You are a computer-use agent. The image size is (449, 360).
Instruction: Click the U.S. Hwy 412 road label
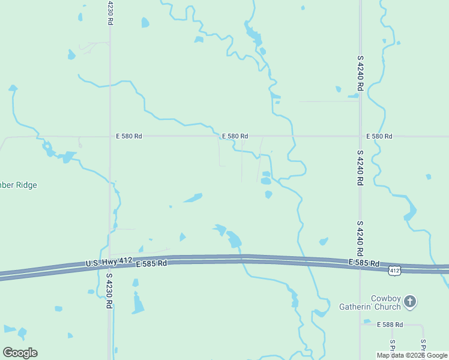[109, 262]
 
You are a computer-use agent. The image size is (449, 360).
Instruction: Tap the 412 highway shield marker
[394, 271]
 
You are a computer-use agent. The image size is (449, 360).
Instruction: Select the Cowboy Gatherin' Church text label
[377, 303]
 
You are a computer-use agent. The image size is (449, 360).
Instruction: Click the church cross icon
[410, 301]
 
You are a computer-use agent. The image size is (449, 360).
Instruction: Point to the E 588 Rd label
[390, 325]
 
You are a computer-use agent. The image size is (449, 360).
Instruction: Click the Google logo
[20, 353]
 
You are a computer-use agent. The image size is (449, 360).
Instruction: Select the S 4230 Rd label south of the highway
[109, 291]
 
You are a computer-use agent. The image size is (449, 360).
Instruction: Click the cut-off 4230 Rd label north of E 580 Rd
[110, 12]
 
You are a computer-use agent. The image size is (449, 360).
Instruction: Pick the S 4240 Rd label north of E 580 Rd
[360, 73]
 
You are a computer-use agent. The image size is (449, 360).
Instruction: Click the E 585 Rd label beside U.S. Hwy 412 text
[151, 264]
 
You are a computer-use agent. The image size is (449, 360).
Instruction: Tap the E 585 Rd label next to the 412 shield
[364, 263]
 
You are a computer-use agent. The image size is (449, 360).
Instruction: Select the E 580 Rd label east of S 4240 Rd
[379, 137]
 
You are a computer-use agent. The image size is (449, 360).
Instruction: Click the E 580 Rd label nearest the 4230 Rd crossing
[129, 137]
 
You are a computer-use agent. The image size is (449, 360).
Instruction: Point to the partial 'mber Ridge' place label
[18, 185]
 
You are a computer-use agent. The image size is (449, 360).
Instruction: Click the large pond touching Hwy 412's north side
[234, 239]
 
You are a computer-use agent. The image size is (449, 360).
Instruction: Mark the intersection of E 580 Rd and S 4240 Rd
[360, 136]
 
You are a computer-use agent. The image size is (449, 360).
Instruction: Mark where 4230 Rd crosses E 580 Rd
[110, 136]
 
